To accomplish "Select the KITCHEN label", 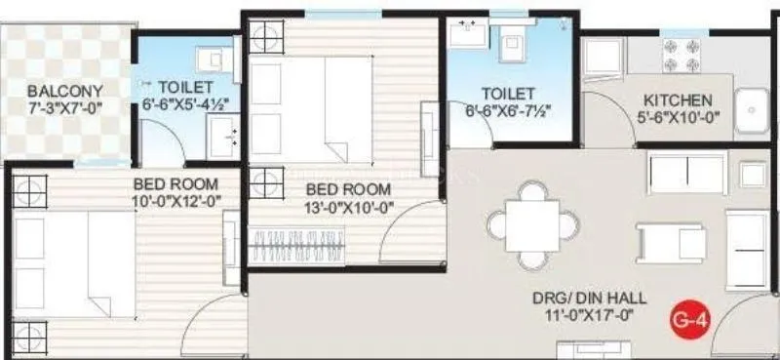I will click(677, 100).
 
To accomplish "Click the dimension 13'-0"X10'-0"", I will click(349, 206).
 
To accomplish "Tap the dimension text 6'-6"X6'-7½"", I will click(508, 110).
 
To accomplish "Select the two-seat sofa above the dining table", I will click(686, 173).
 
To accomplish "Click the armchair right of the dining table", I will click(657, 241).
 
